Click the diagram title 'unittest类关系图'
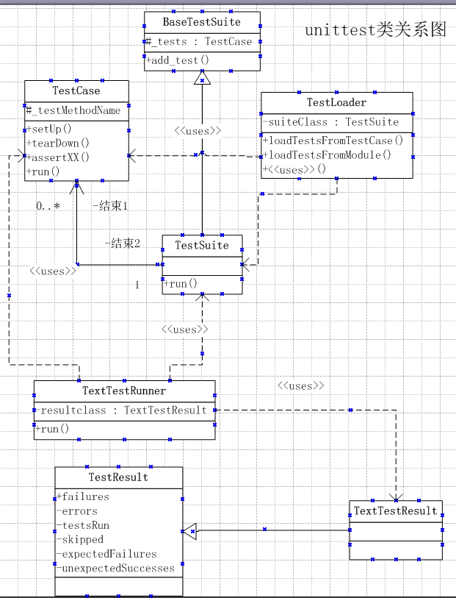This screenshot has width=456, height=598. point(375,30)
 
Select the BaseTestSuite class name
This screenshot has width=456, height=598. point(201,22)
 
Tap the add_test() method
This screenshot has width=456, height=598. point(178,60)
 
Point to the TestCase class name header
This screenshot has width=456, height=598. point(76,90)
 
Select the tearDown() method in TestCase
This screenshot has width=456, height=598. point(58,143)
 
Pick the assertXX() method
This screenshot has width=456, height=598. point(58,157)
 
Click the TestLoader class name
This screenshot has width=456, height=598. point(336,102)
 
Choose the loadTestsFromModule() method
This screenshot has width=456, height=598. point(327,155)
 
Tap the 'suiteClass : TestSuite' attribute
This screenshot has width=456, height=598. point(333,122)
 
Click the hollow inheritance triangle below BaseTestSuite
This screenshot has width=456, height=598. point(202,77)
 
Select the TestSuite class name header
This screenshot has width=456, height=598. point(202,245)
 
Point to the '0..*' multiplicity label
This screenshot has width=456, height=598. point(48,206)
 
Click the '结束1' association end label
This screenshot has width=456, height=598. point(111,206)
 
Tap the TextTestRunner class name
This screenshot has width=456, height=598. point(124,391)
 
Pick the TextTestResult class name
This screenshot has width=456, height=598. point(396,510)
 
